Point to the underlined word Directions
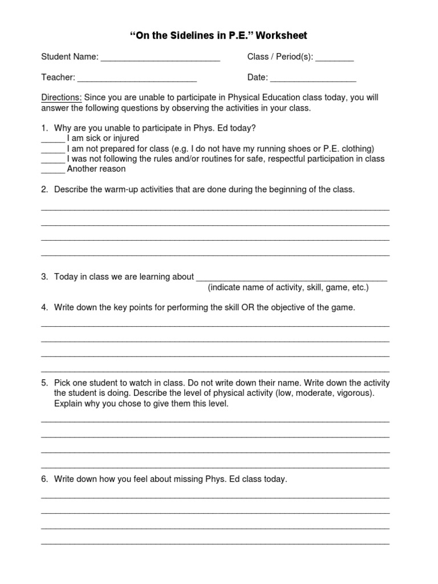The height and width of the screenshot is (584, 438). coord(62,98)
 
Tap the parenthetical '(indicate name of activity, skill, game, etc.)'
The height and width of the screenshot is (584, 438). coord(288,287)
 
